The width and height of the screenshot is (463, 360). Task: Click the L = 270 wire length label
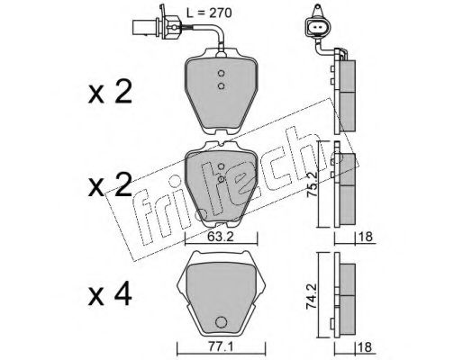(209, 13)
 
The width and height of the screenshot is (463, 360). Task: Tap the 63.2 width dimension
(221, 237)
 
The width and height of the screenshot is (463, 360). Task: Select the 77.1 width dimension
(220, 347)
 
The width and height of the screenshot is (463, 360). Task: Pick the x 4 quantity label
(110, 294)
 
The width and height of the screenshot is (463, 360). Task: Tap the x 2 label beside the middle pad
(110, 185)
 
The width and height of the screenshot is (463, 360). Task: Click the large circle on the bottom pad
(221, 322)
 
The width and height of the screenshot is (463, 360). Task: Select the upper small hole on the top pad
(221, 73)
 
